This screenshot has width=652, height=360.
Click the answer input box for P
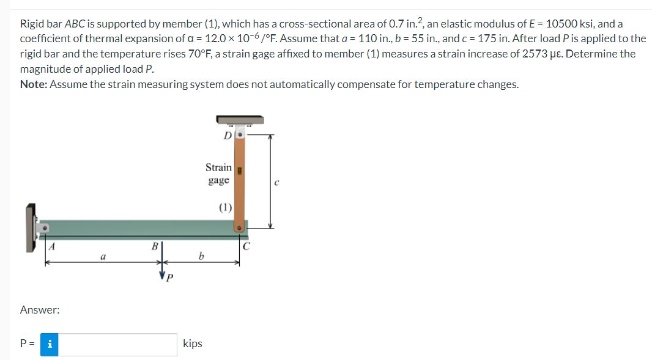tap(118, 344)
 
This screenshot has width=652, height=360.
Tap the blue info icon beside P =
tap(50, 344)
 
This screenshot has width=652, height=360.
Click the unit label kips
tap(193, 344)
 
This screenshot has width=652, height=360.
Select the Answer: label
tap(40, 310)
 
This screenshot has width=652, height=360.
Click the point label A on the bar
tap(53, 247)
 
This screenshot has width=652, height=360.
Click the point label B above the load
tap(155, 246)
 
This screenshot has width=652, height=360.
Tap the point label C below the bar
tap(246, 247)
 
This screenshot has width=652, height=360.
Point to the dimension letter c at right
tap(276, 182)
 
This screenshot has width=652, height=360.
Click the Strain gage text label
tap(218, 173)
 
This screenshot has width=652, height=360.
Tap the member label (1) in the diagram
tap(225, 207)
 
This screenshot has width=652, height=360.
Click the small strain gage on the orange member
tap(241, 171)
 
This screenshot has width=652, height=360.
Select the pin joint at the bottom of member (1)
tap(240, 227)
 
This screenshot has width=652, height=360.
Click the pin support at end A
tap(44, 228)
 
